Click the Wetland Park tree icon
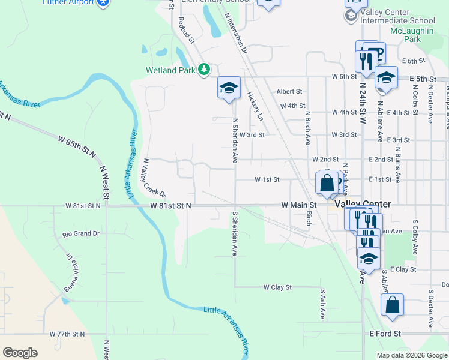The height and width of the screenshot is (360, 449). coord(204,70)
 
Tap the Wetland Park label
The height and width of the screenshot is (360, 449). coord(171,70)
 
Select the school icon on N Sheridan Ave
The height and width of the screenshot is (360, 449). coord(229,88)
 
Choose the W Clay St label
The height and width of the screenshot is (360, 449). coord(277,287)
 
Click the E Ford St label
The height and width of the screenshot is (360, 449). coord(385,334)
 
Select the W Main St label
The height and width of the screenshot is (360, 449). coord(299,205)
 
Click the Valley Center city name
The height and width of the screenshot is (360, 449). coord(363,205)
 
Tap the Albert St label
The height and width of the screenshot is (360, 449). coord(289,92)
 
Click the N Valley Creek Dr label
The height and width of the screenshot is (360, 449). coord(154,178)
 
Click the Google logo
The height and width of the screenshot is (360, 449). coord(20,353)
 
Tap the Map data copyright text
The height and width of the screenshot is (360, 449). coord(411,355)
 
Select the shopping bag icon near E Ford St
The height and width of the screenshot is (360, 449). coord(392,305)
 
